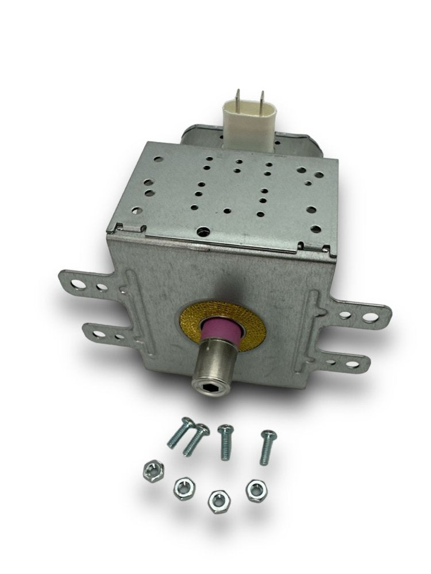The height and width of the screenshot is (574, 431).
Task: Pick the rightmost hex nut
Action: (253, 489)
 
